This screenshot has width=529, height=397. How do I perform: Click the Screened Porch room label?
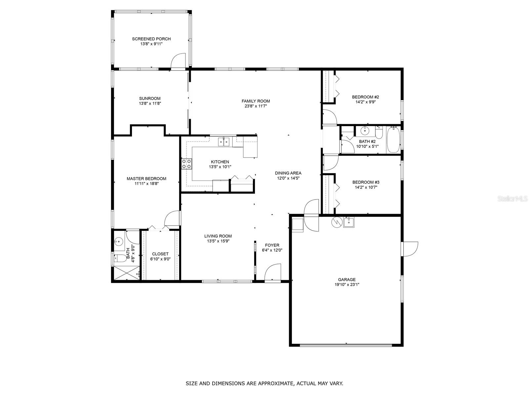[x=151, y=39]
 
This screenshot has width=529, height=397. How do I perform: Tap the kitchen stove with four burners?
[x=186, y=164]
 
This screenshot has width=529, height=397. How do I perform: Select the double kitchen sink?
[x=224, y=142]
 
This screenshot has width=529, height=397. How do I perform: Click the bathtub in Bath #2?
[x=393, y=140]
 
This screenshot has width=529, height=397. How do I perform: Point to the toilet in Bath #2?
[x=379, y=133]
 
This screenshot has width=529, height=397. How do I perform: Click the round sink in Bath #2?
[x=365, y=131]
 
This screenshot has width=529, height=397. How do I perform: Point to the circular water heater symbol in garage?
[x=336, y=222]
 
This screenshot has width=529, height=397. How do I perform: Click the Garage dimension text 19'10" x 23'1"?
[x=347, y=285]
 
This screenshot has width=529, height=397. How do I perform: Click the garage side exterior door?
[x=410, y=249]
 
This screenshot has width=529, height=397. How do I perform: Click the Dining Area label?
[x=288, y=173]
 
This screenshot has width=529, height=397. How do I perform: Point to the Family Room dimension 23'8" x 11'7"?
[x=256, y=106]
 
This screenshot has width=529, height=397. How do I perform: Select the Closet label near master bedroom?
[x=160, y=254]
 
